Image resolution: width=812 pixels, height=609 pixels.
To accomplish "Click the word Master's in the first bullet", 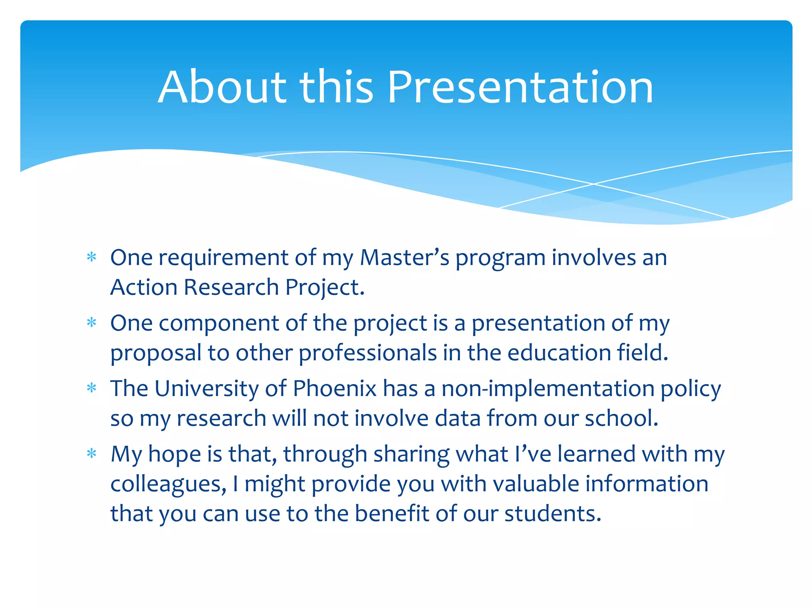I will [x=404, y=258].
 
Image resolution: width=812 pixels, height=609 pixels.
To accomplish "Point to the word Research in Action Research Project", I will [x=231, y=287].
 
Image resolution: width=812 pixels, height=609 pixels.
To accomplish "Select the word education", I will [x=559, y=352].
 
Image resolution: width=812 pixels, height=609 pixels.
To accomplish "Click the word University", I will [x=207, y=388].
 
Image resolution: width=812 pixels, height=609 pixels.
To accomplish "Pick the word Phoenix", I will [x=335, y=388].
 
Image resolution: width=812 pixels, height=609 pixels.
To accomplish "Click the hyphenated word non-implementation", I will [x=548, y=388].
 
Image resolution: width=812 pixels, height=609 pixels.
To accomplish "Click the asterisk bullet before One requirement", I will [x=92, y=257].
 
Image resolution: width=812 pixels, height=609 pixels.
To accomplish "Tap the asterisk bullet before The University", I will [x=92, y=388].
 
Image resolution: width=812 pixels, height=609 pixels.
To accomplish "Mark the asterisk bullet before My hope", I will [x=92, y=453].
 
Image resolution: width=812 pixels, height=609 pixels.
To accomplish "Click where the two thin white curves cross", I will [x=594, y=184].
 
